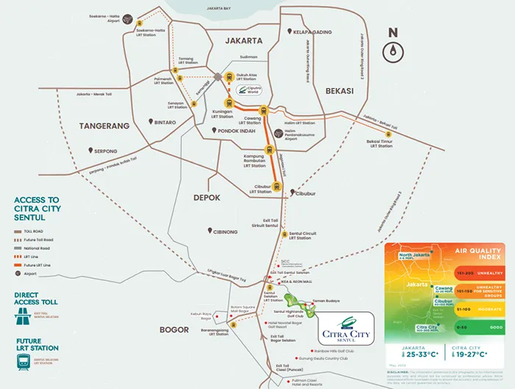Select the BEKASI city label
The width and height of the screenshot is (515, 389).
pyautogui.click(x=338, y=90)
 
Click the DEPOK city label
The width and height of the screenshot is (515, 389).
pyautogui.click(x=207, y=197)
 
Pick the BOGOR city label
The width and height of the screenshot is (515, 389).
pyautogui.click(x=176, y=329)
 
